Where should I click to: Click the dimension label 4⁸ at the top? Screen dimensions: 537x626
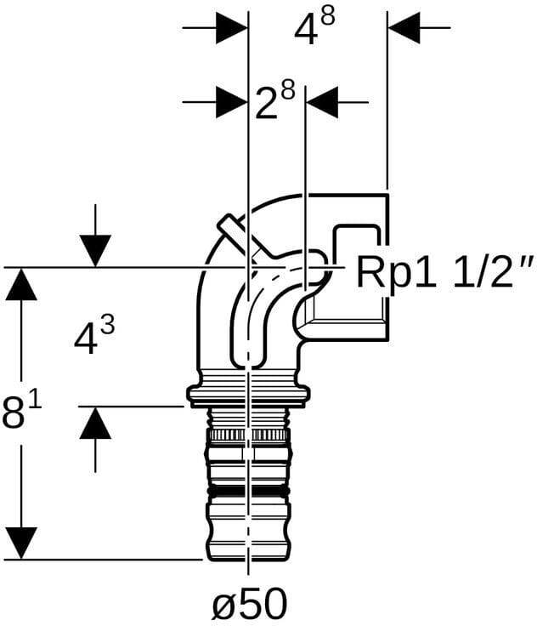(314, 28)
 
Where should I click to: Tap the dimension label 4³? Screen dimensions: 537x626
(94, 334)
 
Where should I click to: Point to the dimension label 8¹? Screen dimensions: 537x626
(21, 411)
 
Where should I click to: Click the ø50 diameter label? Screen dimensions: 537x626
(250, 603)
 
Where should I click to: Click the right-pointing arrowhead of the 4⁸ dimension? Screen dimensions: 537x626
(232, 28)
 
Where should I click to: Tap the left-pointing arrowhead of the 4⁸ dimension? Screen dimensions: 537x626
(404, 28)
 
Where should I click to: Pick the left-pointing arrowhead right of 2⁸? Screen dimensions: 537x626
(322, 102)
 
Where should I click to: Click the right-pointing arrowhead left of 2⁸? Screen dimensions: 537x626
(232, 102)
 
